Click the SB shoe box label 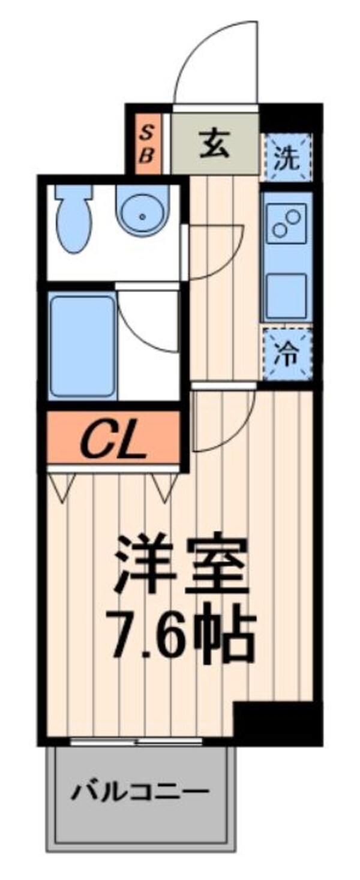click(148, 144)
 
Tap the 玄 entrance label click(215, 145)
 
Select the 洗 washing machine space click(286, 156)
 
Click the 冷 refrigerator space click(286, 355)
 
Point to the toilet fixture click(74, 217)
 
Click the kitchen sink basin click(286, 295)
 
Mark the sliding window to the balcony click(137, 741)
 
